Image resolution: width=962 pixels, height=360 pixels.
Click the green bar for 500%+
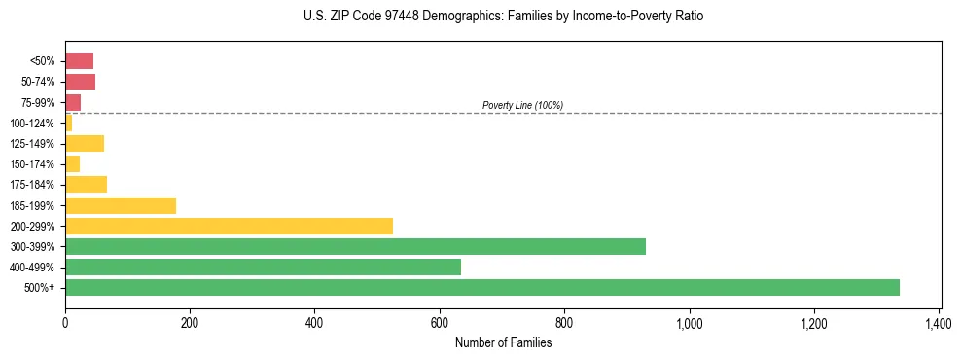click(481, 287)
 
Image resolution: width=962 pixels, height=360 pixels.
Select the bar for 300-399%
click(355, 246)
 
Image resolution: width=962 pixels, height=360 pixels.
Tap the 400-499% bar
click(263, 267)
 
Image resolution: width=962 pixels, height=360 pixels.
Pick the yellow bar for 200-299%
click(229, 226)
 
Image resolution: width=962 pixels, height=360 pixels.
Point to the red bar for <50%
click(79, 61)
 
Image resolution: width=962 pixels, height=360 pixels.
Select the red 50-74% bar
click(80, 82)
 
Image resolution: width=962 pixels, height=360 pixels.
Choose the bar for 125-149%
click(85, 144)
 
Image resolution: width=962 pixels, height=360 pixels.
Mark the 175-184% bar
click(86, 185)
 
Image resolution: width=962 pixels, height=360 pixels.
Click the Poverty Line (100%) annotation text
click(522, 105)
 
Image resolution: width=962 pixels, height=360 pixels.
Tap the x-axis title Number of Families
click(502, 342)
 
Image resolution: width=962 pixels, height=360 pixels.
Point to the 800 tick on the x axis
click(564, 321)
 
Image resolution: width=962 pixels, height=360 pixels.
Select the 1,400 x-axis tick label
click(938, 321)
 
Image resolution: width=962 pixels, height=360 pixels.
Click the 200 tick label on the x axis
click(190, 321)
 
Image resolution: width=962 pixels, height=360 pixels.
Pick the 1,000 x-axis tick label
click(689, 321)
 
